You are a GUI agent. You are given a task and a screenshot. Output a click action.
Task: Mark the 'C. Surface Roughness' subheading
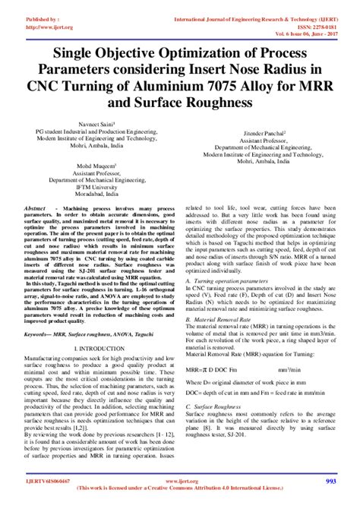tap(216, 406)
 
